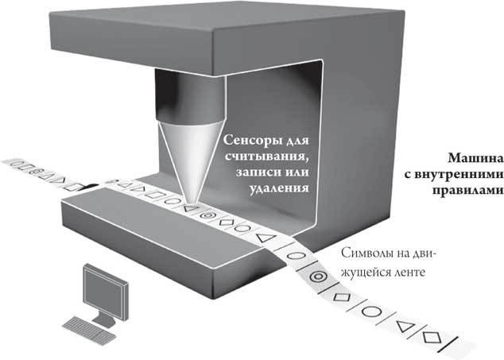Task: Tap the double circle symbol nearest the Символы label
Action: (x=319, y=276)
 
